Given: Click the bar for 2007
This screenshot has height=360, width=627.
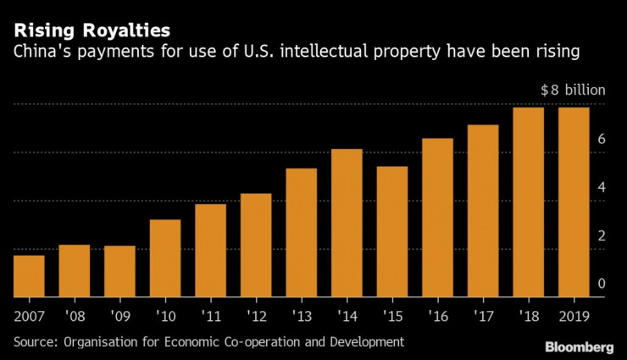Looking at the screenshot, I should [x=29, y=276].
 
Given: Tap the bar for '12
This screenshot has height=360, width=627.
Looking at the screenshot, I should [x=256, y=246].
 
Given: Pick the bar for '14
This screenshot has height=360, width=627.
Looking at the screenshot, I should [x=347, y=223].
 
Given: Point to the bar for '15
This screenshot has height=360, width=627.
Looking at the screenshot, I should [x=392, y=231].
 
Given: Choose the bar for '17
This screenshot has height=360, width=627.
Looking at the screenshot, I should [x=483, y=211].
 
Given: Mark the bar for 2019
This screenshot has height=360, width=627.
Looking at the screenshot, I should [x=574, y=202].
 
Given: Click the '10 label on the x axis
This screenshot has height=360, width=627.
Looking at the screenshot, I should [x=165, y=318].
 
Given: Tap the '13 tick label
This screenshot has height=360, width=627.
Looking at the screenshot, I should [x=302, y=318].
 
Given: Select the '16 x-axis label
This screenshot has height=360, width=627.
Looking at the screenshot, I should [x=437, y=318].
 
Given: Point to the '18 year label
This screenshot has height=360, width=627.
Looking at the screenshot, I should [x=528, y=318].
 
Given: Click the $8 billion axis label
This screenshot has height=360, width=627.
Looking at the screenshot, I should [x=574, y=89].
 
